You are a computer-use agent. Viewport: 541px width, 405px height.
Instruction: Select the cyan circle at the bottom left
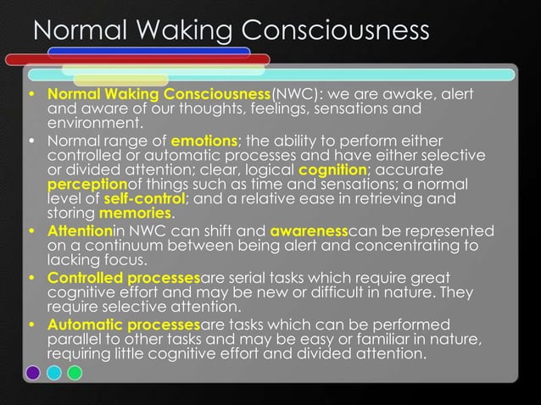pyautogui.click(x=54, y=373)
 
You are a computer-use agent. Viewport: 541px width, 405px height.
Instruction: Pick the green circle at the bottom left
pyautogui.click(x=75, y=373)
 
